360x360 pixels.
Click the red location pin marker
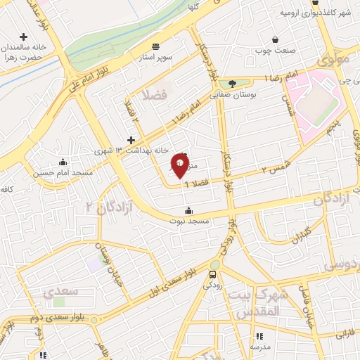click(180, 166)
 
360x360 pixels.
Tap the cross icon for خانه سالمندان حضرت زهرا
click(24, 37)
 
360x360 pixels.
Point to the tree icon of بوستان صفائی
click(231, 84)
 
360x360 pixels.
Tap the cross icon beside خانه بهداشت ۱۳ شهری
click(131, 140)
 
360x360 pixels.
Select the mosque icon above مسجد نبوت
click(188, 210)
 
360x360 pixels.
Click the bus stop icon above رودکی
click(214, 274)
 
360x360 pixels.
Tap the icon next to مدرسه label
click(258, 337)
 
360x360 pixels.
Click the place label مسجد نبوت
click(188, 221)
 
